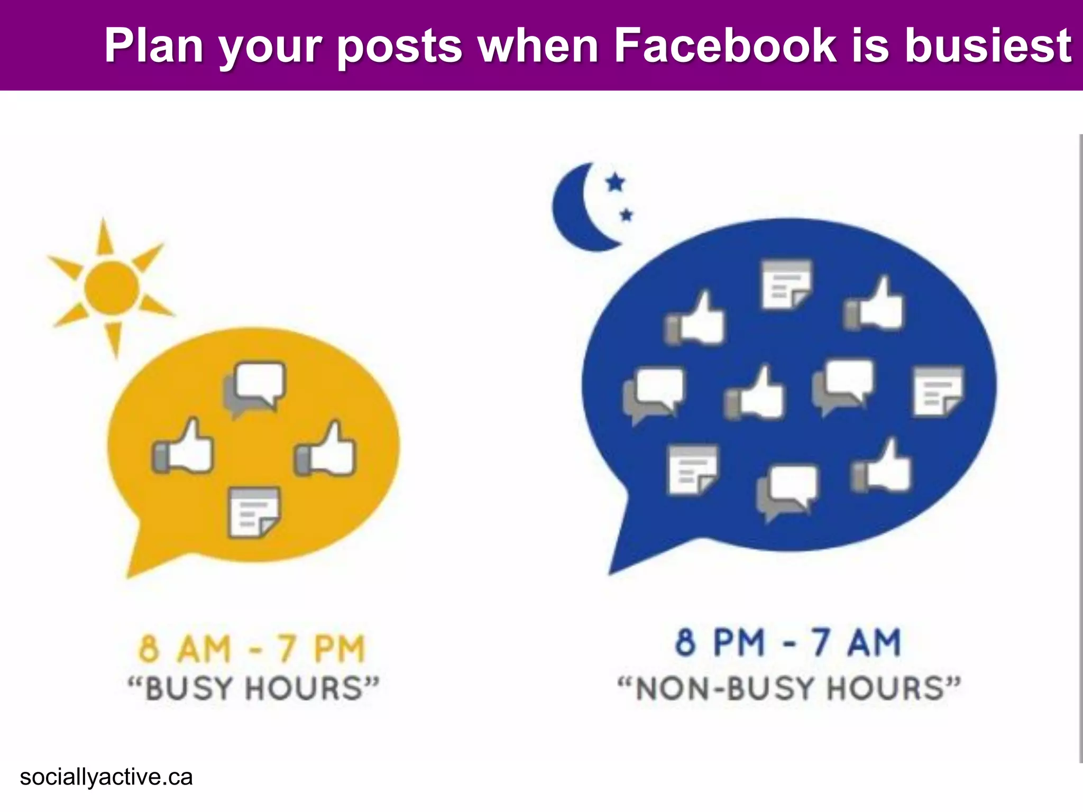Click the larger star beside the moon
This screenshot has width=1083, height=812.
(x=615, y=182)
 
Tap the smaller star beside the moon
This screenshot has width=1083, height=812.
(x=627, y=215)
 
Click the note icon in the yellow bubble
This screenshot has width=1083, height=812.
(x=254, y=512)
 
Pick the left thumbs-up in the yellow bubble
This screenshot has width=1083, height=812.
(x=183, y=447)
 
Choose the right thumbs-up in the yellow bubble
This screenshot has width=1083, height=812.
(x=326, y=449)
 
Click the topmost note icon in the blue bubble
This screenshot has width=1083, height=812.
(x=786, y=284)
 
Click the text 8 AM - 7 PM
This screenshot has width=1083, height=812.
(x=252, y=649)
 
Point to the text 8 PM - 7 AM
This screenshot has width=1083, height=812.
(x=788, y=642)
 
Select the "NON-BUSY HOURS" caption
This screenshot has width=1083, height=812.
(x=789, y=688)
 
